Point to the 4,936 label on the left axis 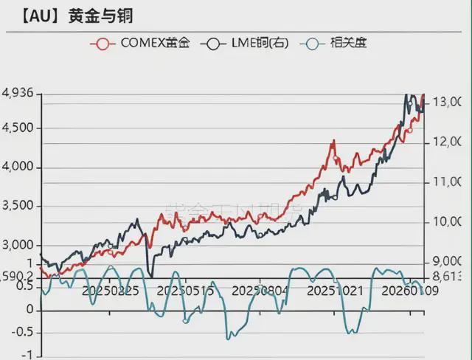click(18, 93)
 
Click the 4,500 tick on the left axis click(18, 128)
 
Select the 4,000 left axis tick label click(18, 167)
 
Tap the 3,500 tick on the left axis click(18, 206)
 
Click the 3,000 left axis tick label click(18, 245)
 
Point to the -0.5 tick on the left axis click(22, 332)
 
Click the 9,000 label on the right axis click(446, 261)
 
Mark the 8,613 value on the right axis click(446, 276)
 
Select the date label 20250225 click(113, 291)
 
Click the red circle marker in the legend click(104, 43)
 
